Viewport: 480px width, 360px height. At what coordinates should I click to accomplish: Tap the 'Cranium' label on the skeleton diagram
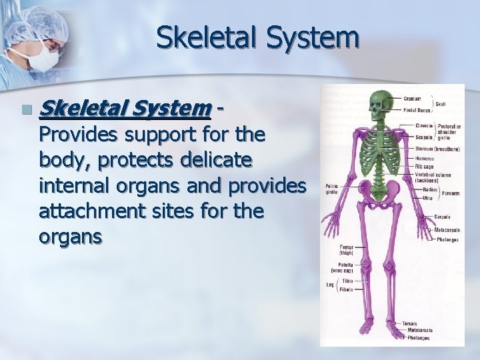pyautogui.click(x=412, y=99)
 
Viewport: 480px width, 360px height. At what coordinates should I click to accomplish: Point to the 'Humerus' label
pyautogui.click(x=425, y=159)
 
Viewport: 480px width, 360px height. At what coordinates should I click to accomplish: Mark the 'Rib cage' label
pyautogui.click(x=423, y=167)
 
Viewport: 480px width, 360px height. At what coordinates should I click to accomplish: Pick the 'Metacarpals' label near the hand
pyautogui.click(x=448, y=230)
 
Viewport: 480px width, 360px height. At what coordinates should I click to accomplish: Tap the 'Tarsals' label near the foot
pyautogui.click(x=409, y=324)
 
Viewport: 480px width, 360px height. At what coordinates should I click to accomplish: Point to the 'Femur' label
pyautogui.click(x=343, y=247)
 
